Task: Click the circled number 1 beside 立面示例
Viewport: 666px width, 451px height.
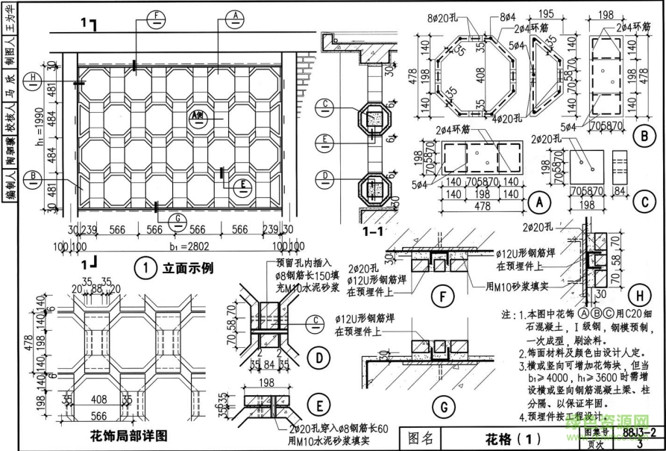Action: (x=145, y=267)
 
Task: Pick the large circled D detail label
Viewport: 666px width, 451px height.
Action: (x=319, y=358)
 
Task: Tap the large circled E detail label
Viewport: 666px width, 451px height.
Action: (x=319, y=406)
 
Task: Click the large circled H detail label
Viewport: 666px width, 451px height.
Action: (x=639, y=293)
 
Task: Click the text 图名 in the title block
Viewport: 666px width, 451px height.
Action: (x=422, y=438)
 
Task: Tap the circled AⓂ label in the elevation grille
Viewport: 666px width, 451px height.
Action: (x=197, y=116)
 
